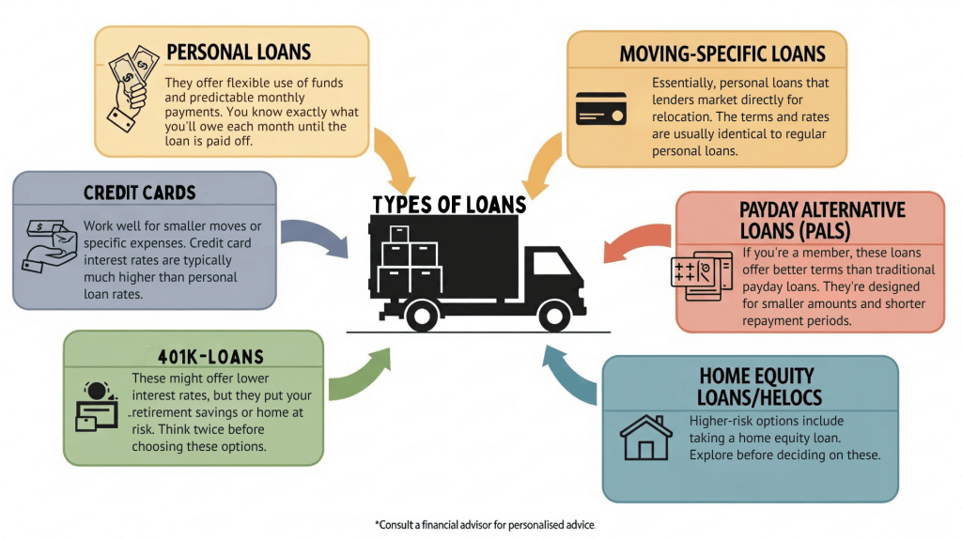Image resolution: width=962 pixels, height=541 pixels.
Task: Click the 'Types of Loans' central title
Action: click(x=449, y=205)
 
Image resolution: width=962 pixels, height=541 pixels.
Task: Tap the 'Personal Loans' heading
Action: click(x=238, y=52)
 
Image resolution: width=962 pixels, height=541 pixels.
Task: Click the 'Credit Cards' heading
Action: click(x=139, y=193)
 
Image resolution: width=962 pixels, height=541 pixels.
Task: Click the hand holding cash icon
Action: click(x=129, y=86)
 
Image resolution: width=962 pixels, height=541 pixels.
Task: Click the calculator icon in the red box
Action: click(x=702, y=275)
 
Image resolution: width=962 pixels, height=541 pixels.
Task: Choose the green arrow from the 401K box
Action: click(x=361, y=375)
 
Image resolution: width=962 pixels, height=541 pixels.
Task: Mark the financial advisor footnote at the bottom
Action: click(x=485, y=523)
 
